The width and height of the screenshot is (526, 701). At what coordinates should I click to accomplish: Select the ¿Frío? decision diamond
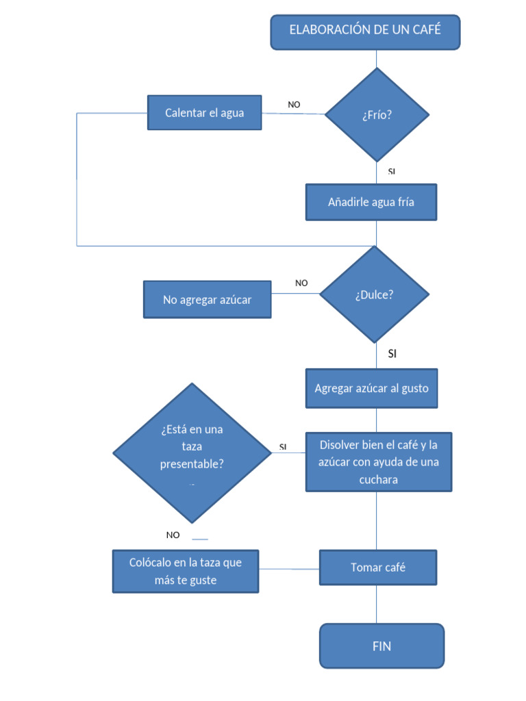point(377,114)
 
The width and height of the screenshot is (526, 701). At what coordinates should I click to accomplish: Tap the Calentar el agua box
point(204,112)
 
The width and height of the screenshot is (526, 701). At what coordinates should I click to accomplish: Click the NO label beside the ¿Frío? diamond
point(294,105)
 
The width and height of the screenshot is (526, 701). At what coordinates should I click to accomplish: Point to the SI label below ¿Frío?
point(392,171)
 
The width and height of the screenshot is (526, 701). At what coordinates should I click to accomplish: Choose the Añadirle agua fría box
point(371,202)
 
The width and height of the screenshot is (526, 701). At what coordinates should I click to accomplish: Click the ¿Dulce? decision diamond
point(375,294)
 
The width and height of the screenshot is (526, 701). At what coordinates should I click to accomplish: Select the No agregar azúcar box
point(207,299)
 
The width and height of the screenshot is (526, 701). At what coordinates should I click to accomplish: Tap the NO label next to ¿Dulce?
point(301,283)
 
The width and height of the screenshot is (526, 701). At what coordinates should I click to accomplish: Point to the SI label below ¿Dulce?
point(392,354)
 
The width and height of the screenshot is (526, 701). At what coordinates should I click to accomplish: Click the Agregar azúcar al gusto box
point(371,388)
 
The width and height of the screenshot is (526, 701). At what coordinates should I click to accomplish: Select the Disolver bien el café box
point(378,461)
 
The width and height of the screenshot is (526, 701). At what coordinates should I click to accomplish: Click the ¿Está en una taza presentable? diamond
point(192,453)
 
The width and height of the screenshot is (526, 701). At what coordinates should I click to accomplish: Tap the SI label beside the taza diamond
point(283,447)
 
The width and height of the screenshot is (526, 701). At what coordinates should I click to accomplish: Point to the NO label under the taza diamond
point(173,535)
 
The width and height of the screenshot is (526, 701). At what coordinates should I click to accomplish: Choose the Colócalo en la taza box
point(186,571)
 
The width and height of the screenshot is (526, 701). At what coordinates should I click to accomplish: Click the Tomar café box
point(377,568)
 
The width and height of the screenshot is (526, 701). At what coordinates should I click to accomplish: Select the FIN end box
point(381,646)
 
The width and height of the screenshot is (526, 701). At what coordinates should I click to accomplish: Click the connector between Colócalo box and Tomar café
point(289,569)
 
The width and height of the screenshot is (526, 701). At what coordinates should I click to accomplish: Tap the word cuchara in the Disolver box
point(378,480)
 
